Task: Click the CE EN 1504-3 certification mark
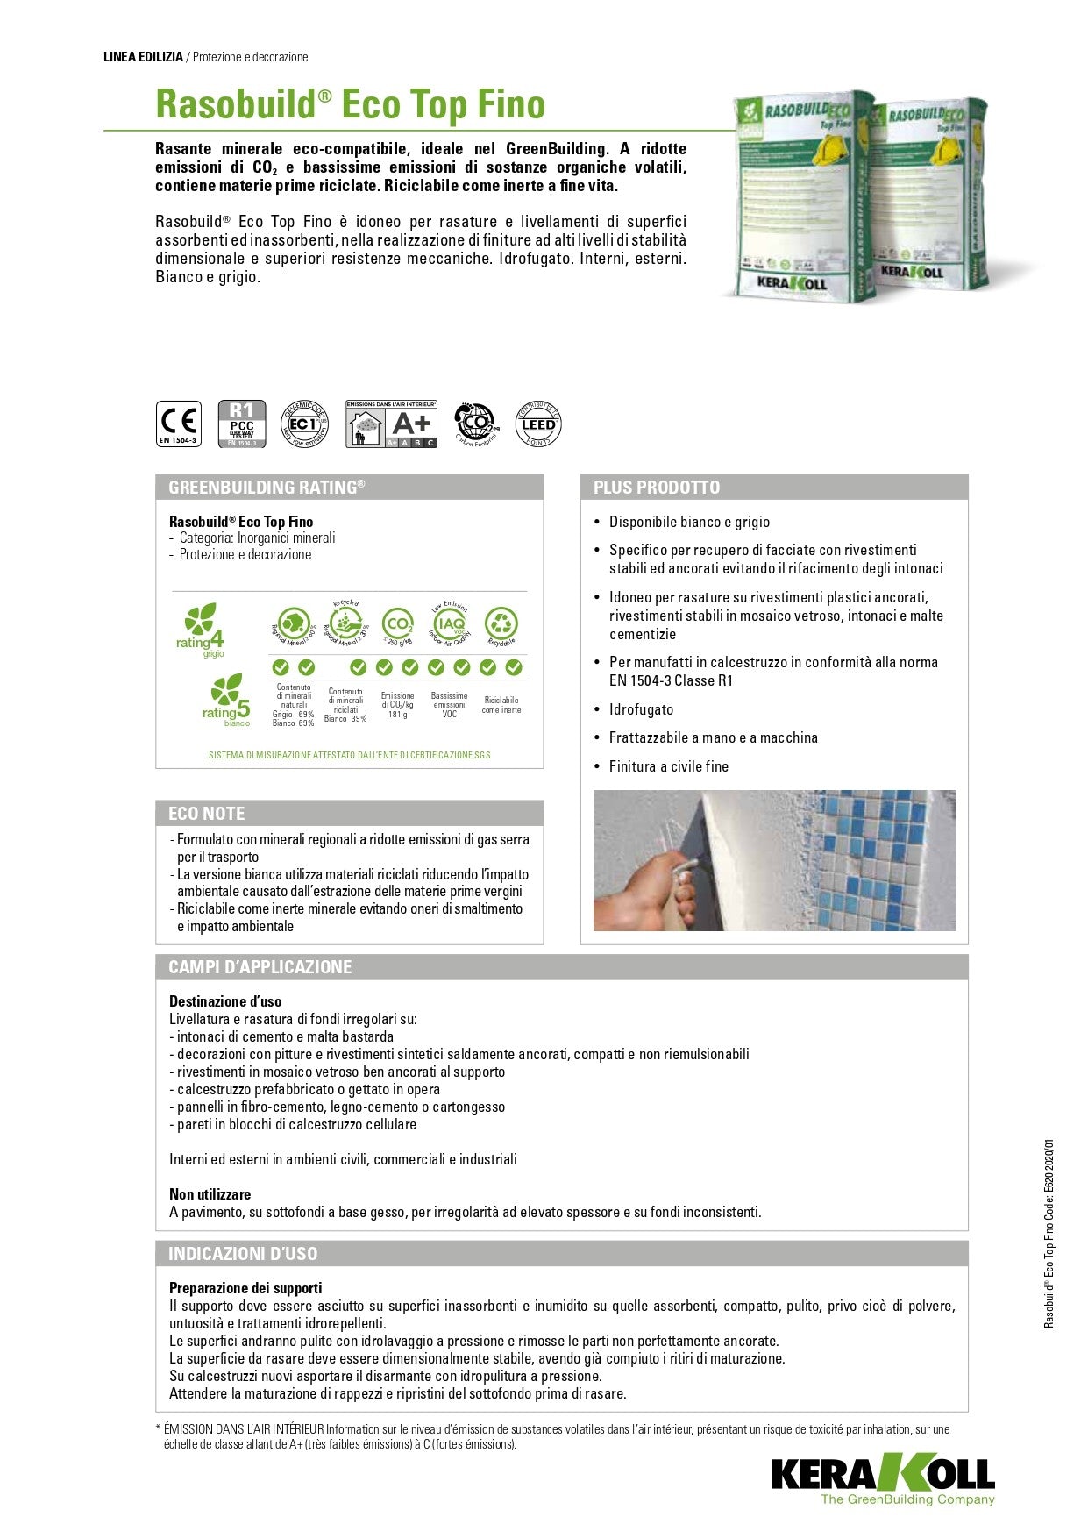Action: (x=178, y=424)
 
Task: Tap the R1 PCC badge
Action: (x=241, y=424)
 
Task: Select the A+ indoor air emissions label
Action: (x=392, y=424)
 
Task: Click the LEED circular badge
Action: (x=537, y=424)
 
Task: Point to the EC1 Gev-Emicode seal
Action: (x=303, y=424)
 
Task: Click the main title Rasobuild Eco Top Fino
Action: (x=350, y=104)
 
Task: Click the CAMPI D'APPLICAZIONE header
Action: (x=260, y=967)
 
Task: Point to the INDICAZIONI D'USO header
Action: (x=243, y=1254)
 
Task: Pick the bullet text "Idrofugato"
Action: (x=642, y=709)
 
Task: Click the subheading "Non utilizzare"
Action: (x=210, y=1194)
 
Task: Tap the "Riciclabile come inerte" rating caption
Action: (x=501, y=705)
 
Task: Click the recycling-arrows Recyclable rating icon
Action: (x=501, y=624)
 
